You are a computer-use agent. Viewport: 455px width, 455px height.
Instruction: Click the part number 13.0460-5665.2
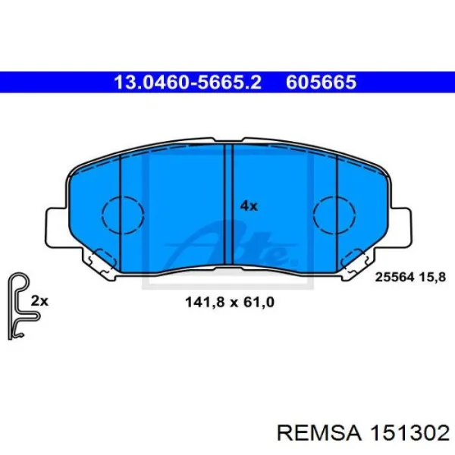pyautogui.click(x=187, y=82)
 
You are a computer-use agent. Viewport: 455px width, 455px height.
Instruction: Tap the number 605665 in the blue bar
pyautogui.click(x=322, y=82)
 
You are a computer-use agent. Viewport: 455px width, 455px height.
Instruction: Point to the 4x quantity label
pyautogui.click(x=249, y=206)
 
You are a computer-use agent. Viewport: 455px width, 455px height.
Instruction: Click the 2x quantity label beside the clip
pyautogui.click(x=39, y=300)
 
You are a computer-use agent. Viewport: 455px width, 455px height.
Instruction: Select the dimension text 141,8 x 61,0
pyautogui.click(x=229, y=302)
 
